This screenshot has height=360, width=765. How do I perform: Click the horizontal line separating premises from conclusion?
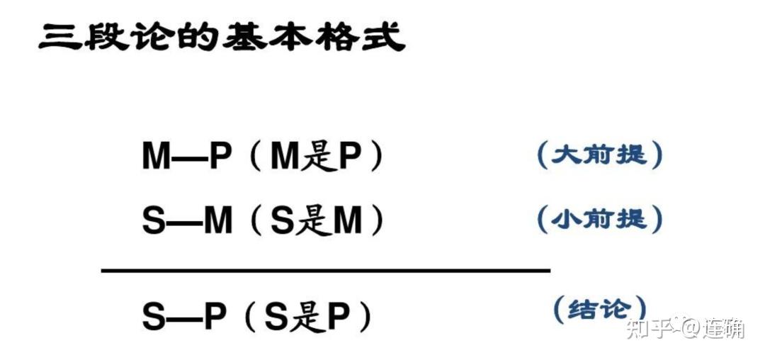pos(326,270)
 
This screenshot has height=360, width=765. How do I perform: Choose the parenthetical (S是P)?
pos(308,317)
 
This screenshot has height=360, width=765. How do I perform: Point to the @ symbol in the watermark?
pos(690,328)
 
